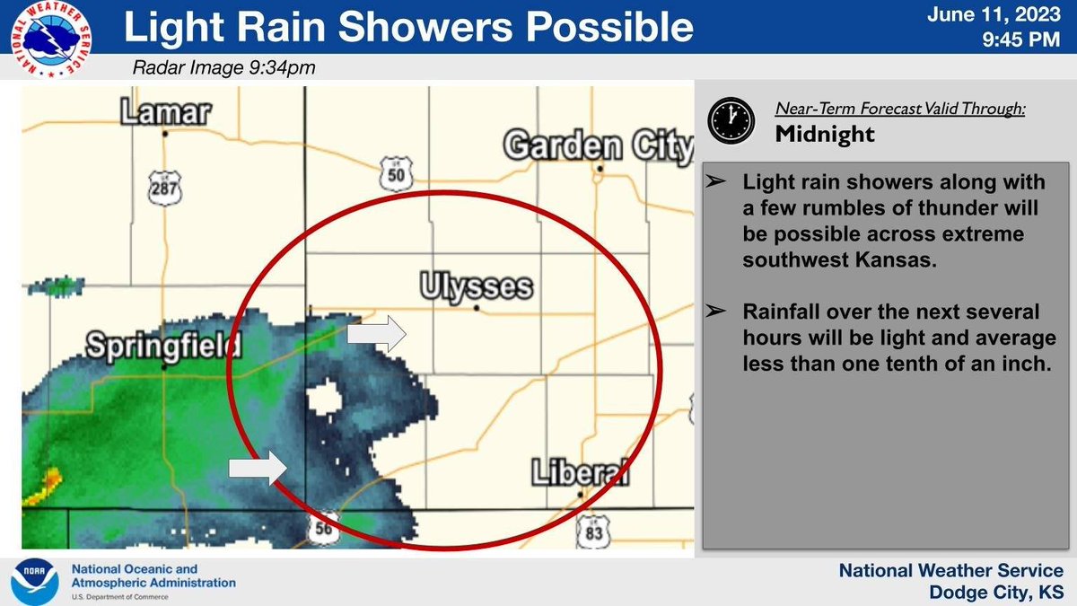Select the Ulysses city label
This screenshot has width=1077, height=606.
tap(476, 287)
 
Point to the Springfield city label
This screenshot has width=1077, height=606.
tap(164, 344)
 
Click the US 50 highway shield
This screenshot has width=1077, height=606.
tap(396, 175)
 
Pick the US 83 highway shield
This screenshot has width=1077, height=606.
tap(593, 530)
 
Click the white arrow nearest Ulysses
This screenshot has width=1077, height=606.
tap(376, 334)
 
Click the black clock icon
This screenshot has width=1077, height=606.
tap(731, 120)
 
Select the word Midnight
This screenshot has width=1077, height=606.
tap(824, 134)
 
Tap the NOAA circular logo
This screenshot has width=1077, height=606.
tap(37, 582)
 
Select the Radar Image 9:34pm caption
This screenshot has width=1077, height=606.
tap(223, 67)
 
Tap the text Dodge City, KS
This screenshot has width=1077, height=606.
tap(998, 592)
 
